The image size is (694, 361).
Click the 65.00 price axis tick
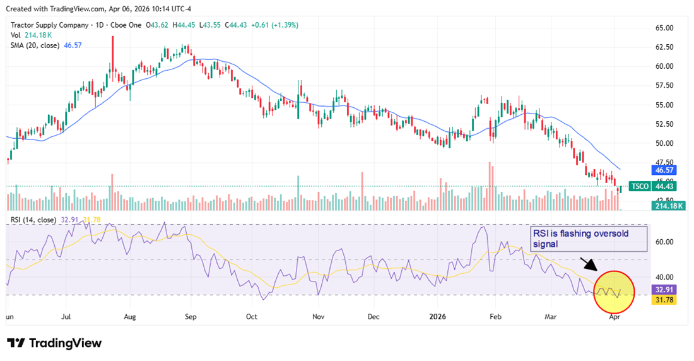[666, 28]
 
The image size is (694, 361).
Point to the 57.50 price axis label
[666, 85]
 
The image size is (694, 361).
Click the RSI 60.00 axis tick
[666, 242]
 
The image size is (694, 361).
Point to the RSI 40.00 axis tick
[666, 277]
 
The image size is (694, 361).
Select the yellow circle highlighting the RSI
[613, 292]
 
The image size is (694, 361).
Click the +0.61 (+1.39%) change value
[275, 25]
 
